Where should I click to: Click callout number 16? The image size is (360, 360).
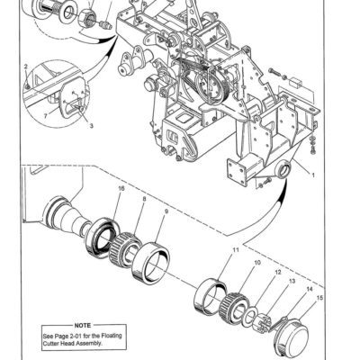pos(121,188)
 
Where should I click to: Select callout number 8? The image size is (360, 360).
pos(143,199)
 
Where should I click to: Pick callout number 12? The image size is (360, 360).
pos(277,272)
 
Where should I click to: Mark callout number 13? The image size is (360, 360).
pos(291,281)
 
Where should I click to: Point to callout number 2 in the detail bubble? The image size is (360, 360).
pos(26,66)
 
